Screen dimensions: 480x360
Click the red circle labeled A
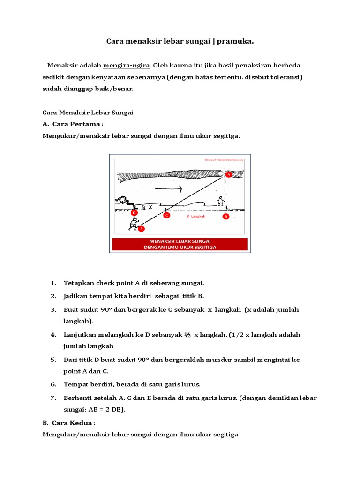click(229, 174)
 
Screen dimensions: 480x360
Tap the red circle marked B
click(225, 216)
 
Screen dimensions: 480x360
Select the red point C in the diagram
click(166, 215)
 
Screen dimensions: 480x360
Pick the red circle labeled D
click(134, 213)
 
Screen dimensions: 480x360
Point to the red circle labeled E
click(142, 229)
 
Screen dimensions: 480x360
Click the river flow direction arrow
click(168, 189)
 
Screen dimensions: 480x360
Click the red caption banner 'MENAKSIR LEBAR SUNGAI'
click(180, 244)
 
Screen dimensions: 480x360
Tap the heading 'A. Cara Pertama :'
click(73, 124)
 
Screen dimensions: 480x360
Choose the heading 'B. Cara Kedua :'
click(69, 422)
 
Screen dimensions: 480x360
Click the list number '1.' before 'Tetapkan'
click(53, 283)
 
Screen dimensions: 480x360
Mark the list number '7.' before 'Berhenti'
click(53, 397)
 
